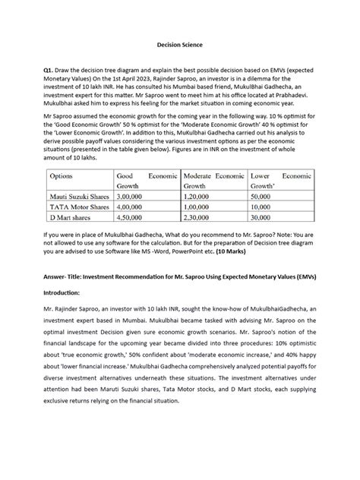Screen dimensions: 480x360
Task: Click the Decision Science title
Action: pos(179,45)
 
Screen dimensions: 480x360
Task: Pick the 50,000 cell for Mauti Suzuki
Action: pos(262,196)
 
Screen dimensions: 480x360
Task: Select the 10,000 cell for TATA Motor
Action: pos(262,207)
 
